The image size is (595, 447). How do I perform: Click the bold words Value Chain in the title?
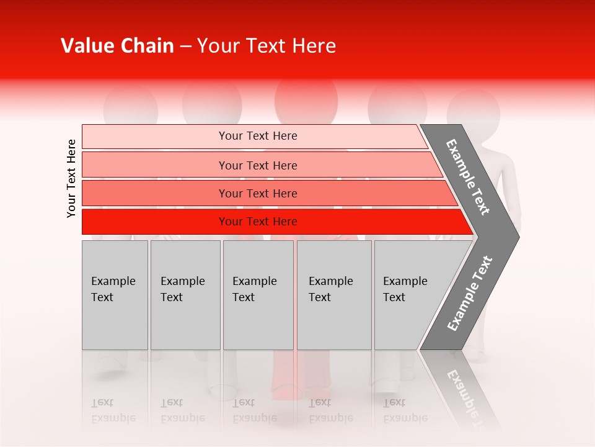(x=117, y=46)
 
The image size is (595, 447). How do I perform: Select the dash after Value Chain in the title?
(x=185, y=47)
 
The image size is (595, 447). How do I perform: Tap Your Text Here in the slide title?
(x=267, y=46)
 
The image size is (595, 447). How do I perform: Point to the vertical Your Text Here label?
(x=71, y=178)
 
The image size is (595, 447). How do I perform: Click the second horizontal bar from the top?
(x=258, y=165)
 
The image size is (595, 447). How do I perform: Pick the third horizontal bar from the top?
(x=258, y=193)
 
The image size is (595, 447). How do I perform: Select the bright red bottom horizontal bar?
(x=258, y=222)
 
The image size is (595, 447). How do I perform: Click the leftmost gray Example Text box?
(x=115, y=295)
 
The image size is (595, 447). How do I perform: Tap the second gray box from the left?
(x=185, y=295)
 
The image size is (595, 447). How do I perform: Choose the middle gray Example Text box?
(x=258, y=295)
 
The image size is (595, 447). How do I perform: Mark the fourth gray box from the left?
(x=334, y=295)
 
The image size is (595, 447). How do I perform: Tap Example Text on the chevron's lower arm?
(x=470, y=294)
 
